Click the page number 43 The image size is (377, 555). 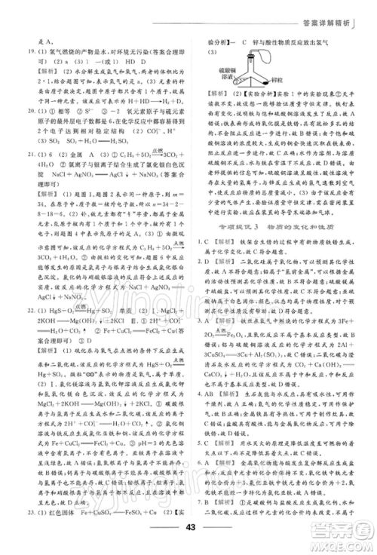188,536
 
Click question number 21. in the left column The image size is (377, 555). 22,151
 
